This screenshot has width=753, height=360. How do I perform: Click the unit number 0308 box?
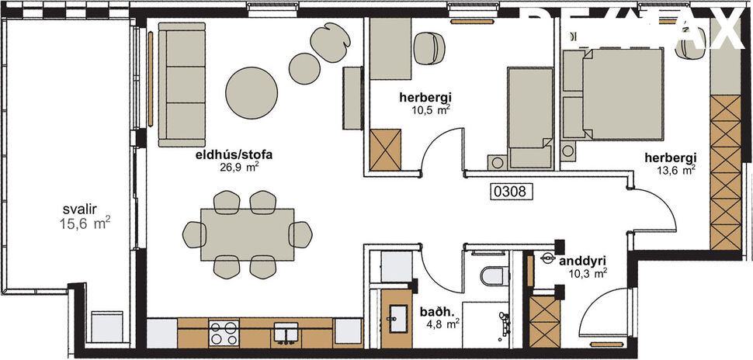point(513,189)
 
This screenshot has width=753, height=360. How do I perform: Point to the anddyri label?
point(582,261)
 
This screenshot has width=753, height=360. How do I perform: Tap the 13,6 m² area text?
point(678,171)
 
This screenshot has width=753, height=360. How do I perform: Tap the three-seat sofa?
point(182,84)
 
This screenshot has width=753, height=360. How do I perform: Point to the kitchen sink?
point(286,334)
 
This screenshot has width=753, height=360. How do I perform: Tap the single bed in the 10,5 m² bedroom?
point(528,116)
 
